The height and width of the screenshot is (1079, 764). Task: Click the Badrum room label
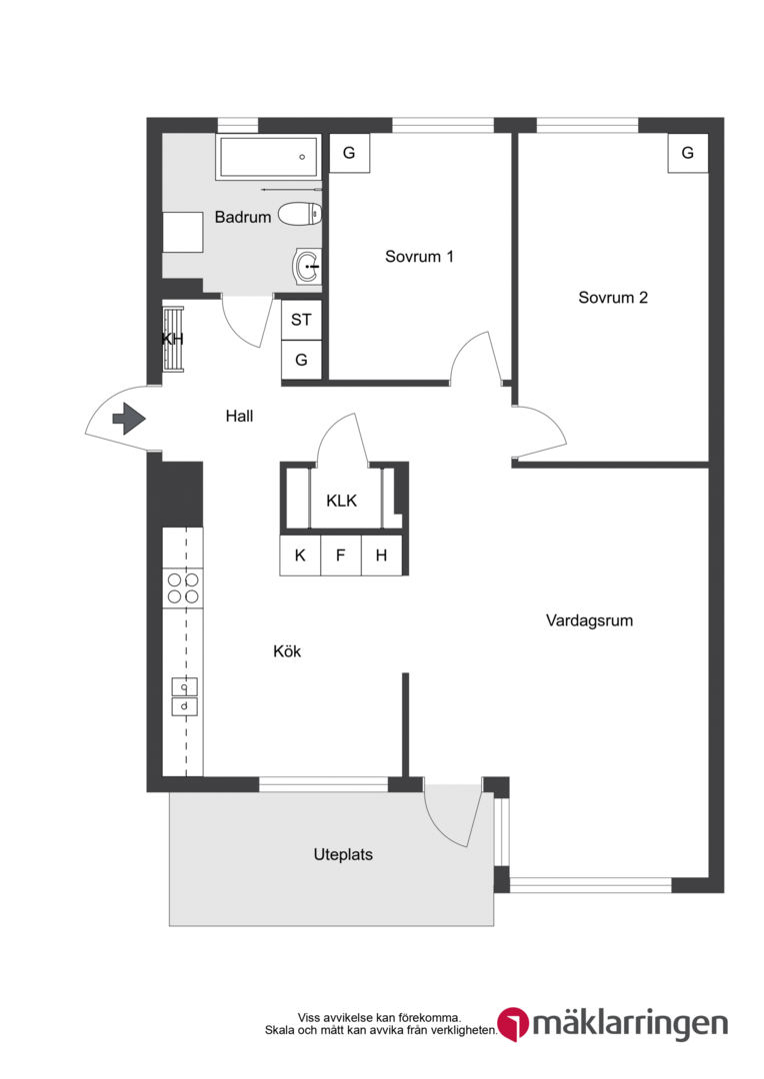(x=242, y=217)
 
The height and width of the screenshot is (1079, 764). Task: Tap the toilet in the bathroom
(x=300, y=214)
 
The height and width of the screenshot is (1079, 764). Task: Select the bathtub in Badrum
(x=268, y=157)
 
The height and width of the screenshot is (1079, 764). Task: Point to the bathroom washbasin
(x=307, y=266)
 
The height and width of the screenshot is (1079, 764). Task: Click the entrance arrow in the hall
(x=129, y=419)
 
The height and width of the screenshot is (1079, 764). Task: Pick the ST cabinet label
(x=301, y=320)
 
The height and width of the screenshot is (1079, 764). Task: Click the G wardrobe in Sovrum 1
(x=349, y=153)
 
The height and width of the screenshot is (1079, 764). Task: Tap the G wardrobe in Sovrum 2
(x=688, y=153)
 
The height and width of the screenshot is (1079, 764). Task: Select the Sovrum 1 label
(x=419, y=257)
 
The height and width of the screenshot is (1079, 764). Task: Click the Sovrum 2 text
(x=613, y=298)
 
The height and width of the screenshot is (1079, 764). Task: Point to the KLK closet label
(x=342, y=501)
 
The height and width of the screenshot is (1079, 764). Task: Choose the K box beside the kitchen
(x=300, y=555)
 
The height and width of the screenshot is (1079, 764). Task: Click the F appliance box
(x=340, y=555)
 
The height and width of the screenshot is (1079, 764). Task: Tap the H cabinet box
(x=381, y=555)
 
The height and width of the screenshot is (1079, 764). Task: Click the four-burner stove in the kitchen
(x=183, y=588)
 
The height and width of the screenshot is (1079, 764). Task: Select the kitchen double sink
(x=184, y=696)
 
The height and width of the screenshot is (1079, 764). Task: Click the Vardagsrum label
(x=589, y=620)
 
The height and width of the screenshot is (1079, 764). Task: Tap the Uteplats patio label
(x=343, y=854)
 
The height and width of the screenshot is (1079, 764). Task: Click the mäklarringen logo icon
(x=513, y=1024)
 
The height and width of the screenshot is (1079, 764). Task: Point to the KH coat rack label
(x=172, y=339)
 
